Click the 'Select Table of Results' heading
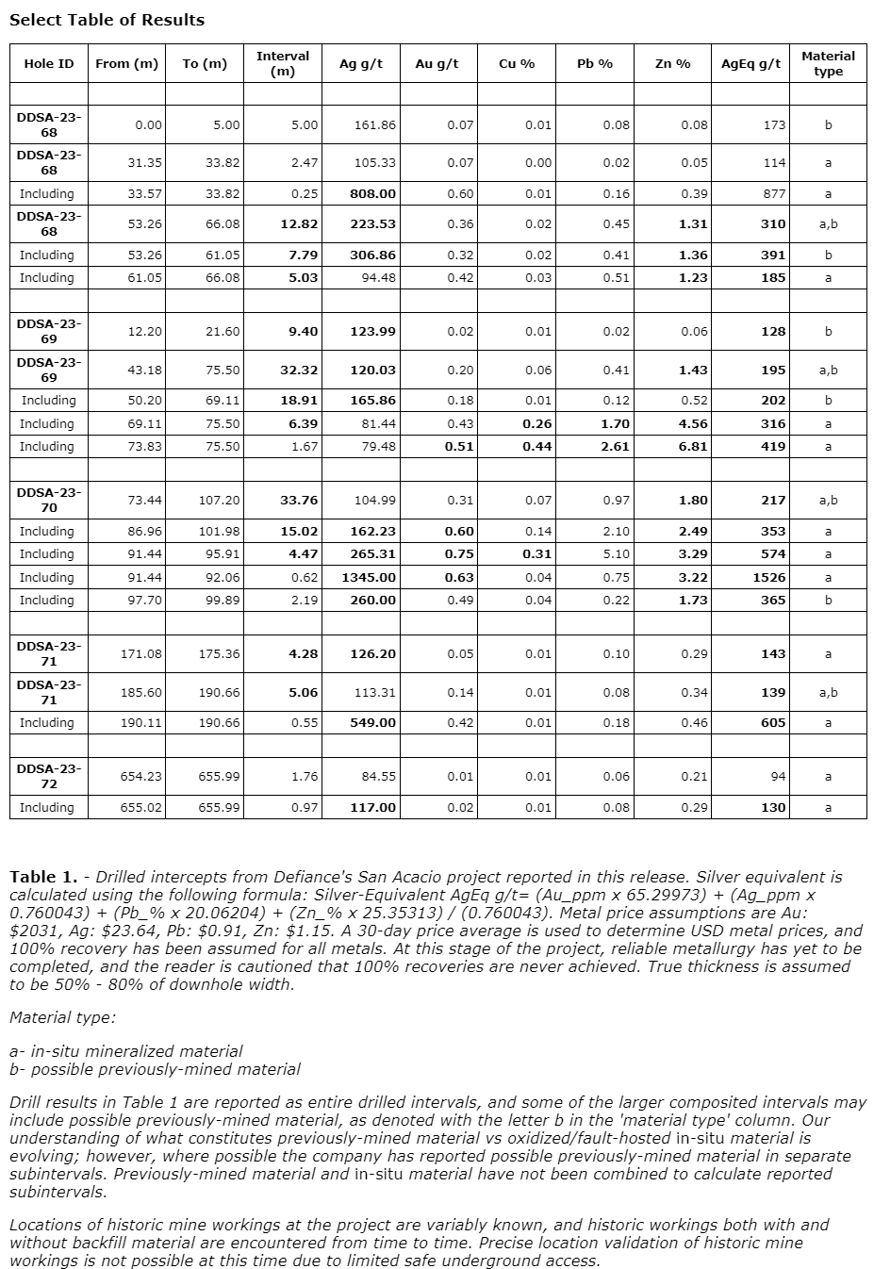pyautogui.click(x=107, y=20)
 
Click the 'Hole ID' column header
pyautogui.click(x=48, y=64)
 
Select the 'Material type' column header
pyautogui.click(x=828, y=64)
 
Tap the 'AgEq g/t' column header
pyautogui.click(x=750, y=64)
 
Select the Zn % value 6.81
pyautogui.click(x=693, y=446)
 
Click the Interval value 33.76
pyautogui.click(x=299, y=500)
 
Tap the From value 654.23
pyautogui.click(x=140, y=776)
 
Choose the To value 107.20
pyautogui.click(x=219, y=500)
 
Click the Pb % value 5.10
pyautogui.click(x=615, y=553)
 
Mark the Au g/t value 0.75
pyautogui.click(x=459, y=553)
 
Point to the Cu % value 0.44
pyautogui.click(x=537, y=446)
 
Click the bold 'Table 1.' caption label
pyautogui.click(x=43, y=877)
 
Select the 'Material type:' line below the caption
pyautogui.click(x=62, y=1017)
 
